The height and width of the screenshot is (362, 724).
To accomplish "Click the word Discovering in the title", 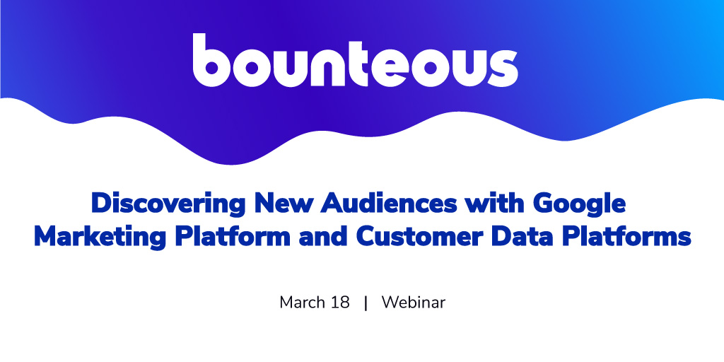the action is [x=170, y=204].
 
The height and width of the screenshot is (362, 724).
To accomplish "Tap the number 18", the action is [x=340, y=303].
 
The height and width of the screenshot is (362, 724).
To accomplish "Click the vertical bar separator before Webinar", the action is [x=366, y=303].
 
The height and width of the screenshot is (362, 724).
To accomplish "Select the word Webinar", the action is [x=413, y=303].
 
